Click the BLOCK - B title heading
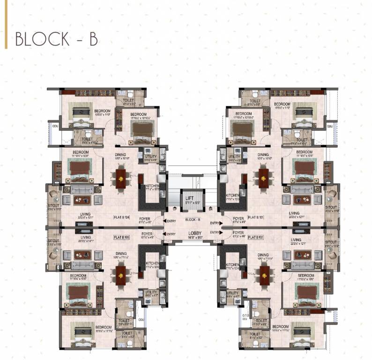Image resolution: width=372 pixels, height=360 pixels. pyautogui.click(x=56, y=39)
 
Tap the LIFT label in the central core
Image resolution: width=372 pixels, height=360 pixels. pyautogui.click(x=189, y=199)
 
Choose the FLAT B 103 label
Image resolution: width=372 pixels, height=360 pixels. pyautogui.click(x=122, y=238)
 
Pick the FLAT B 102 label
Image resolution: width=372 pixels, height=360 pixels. pyautogui.click(x=257, y=238)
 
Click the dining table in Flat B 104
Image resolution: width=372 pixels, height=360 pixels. pyautogui.click(x=121, y=179)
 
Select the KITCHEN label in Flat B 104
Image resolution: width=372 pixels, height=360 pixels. pyautogui.click(x=152, y=186)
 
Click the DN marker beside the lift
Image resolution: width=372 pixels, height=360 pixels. pyautogui.click(x=210, y=209)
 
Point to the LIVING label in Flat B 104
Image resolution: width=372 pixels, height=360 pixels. pyautogui.click(x=82, y=213)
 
